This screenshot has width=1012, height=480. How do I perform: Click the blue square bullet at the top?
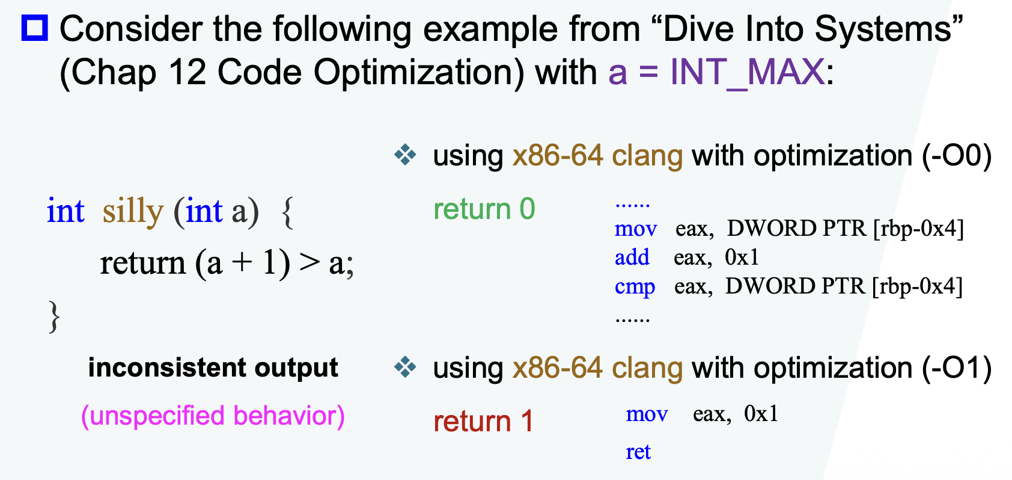point(35,28)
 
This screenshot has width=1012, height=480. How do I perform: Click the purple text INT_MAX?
point(747,72)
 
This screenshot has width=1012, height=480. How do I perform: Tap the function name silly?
point(133,211)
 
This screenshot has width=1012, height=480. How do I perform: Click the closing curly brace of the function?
point(54,316)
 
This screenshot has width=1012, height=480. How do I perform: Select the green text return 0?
point(484,209)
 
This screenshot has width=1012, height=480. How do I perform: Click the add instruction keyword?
point(632,257)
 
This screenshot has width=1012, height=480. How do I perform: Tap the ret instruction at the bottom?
point(638,452)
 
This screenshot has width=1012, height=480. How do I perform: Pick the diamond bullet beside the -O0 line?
point(405,155)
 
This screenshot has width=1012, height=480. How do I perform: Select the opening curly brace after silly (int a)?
point(287,212)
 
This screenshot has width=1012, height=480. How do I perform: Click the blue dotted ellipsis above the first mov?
point(632,206)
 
